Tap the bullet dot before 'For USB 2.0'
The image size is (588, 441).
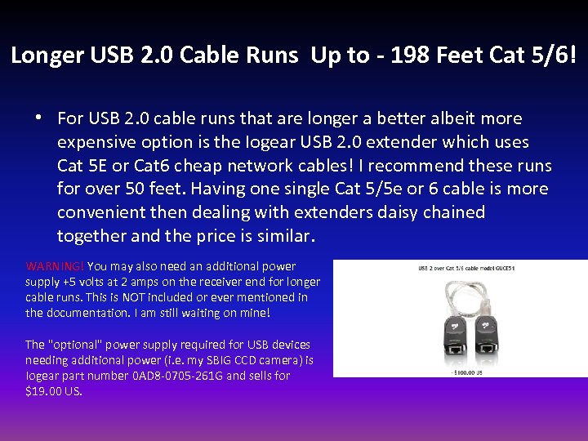[38, 118]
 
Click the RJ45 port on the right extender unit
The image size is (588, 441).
[488, 346]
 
